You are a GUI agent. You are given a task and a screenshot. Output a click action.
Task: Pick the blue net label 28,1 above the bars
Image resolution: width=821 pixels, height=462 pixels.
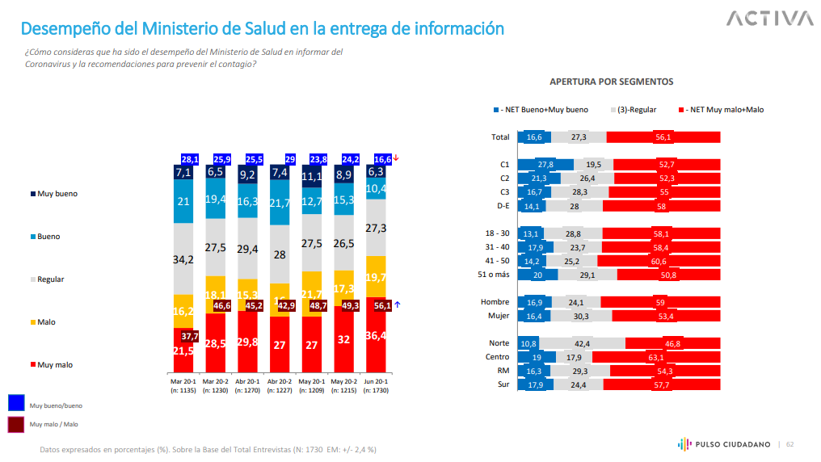pos(190,159)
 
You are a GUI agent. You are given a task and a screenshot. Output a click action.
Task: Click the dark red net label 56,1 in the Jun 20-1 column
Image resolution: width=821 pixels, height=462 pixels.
pos(382,306)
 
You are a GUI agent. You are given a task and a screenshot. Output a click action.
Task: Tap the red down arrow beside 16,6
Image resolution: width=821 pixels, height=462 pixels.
pos(397,159)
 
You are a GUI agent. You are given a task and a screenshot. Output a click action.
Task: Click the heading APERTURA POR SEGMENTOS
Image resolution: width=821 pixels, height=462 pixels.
pos(611,82)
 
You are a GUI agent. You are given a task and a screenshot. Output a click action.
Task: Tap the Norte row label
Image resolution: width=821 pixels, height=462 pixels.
pos(499,343)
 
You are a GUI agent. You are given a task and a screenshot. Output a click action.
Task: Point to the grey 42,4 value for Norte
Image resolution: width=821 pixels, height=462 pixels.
pos(581,343)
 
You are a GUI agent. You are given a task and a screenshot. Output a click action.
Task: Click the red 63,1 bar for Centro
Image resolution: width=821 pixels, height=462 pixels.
pos(655,357)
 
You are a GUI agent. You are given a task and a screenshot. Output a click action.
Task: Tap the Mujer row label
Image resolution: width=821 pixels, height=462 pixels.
pos(499,316)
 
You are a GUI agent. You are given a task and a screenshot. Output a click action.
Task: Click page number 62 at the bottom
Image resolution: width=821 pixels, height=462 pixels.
pos(790,444)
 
